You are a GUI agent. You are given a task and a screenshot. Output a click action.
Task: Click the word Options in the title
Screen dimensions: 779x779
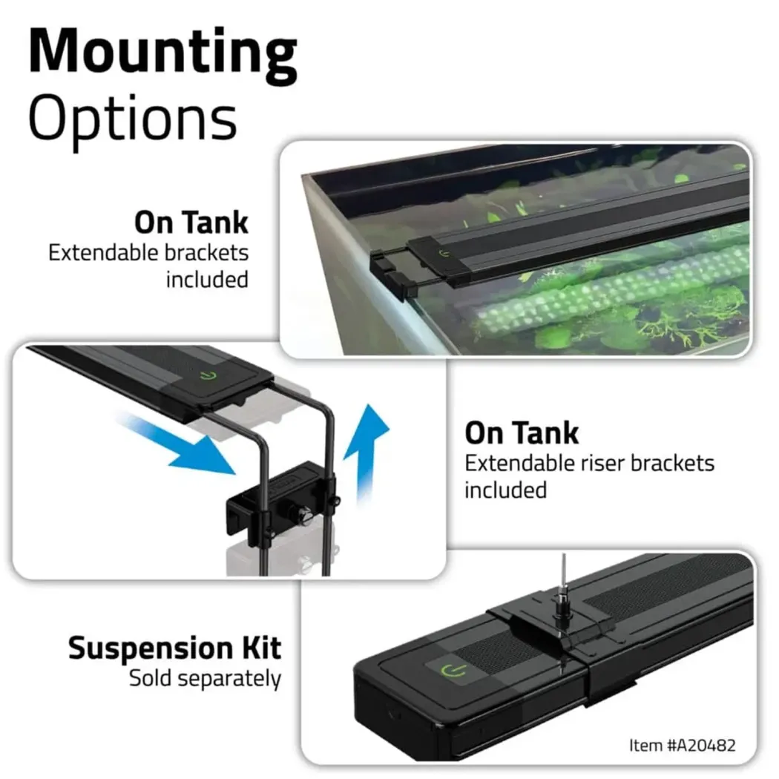pyautogui.click(x=133, y=120)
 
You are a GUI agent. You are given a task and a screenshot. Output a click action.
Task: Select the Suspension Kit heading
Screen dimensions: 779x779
pyautogui.click(x=175, y=648)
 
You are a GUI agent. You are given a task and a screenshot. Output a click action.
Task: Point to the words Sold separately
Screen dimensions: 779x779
pyautogui.click(x=206, y=679)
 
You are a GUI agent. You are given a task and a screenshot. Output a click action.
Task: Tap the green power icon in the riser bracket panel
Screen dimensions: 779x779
pyautogui.click(x=208, y=375)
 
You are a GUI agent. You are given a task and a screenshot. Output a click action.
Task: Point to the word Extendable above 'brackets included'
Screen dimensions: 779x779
pyautogui.click(x=103, y=252)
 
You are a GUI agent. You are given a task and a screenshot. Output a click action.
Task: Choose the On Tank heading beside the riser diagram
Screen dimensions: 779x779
pyautogui.click(x=522, y=433)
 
